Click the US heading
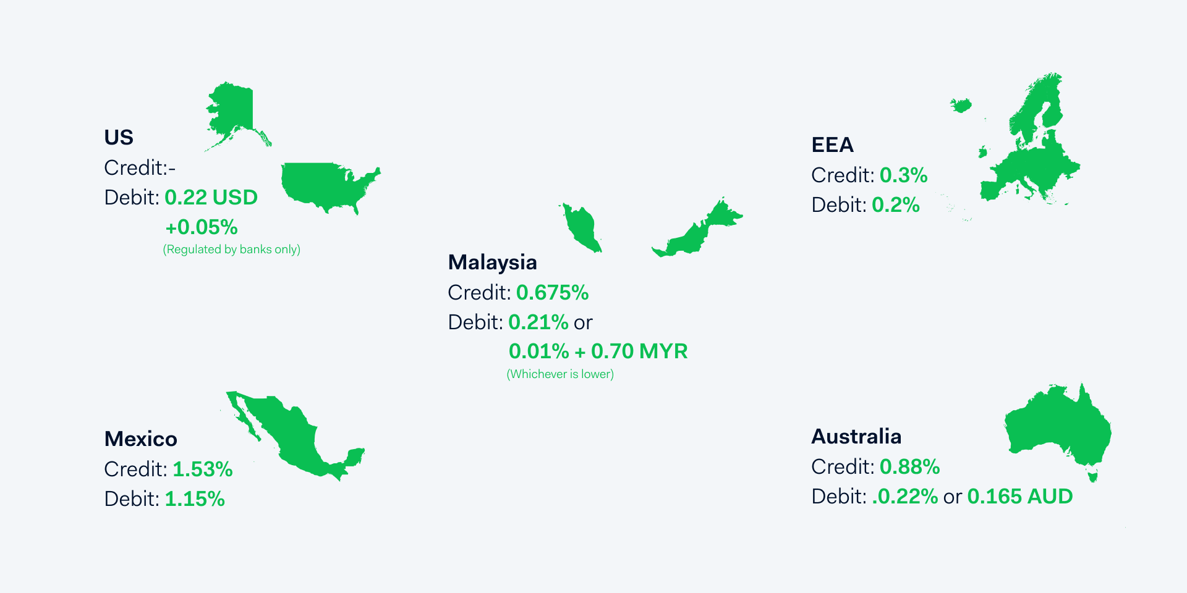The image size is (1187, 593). point(119,137)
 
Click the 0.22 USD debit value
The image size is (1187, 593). point(211,198)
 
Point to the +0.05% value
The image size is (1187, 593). point(202,227)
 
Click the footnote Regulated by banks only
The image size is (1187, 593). point(231,250)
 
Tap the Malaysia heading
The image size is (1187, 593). point(492,263)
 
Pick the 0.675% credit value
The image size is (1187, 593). point(552,292)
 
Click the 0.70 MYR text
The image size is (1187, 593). point(639,351)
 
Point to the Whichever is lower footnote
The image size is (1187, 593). point(560,374)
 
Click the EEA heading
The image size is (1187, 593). point(832,145)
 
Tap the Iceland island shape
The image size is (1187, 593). point(961,105)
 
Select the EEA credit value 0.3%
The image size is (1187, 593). point(903,175)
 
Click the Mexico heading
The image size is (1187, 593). point(141,439)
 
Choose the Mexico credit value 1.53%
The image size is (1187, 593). point(202,469)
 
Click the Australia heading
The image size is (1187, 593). point(856,436)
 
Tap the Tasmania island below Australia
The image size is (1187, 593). point(1092,476)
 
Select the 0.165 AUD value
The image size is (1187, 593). point(1019,497)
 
